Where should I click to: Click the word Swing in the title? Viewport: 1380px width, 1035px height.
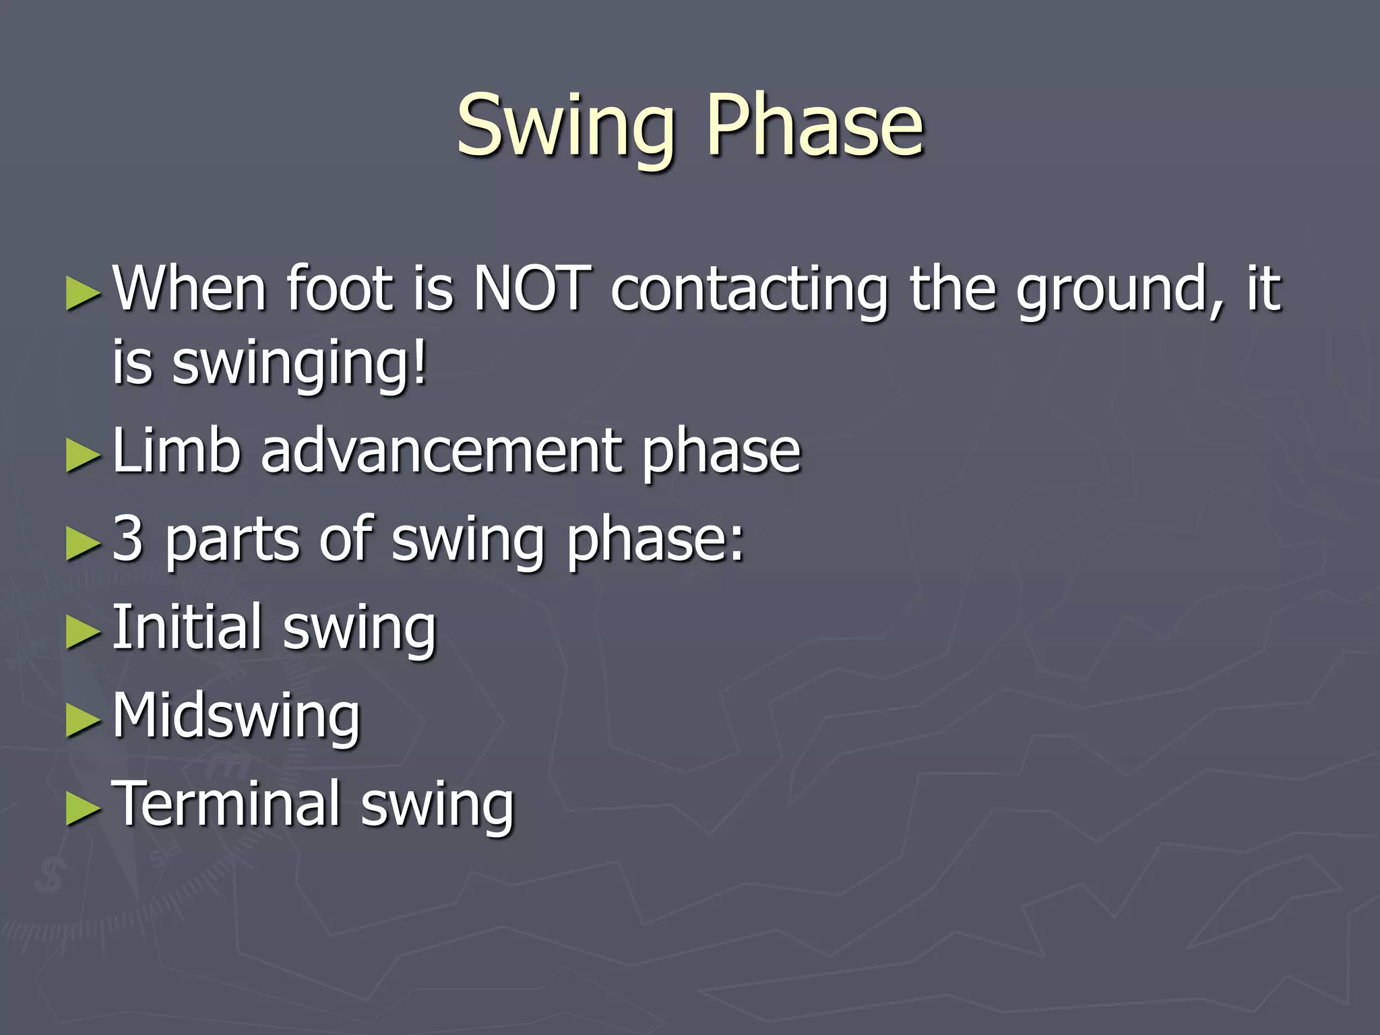click(x=565, y=128)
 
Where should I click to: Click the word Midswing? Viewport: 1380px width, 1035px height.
click(x=236, y=716)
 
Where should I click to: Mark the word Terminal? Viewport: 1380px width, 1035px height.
click(x=225, y=803)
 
